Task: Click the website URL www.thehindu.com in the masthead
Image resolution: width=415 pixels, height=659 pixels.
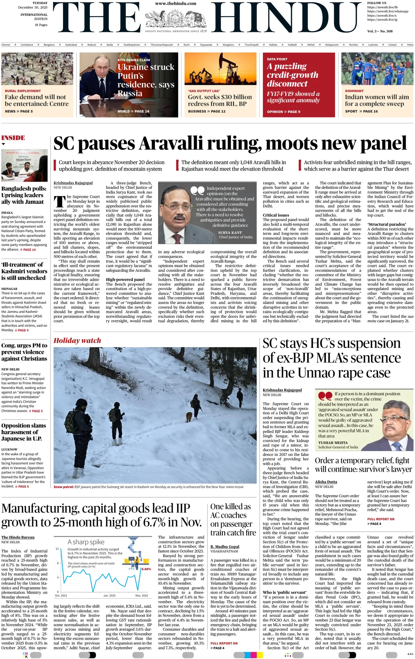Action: coord(175,3)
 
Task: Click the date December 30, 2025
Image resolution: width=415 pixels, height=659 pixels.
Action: coord(33,7)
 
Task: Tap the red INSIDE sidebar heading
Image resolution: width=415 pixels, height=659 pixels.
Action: coord(13,138)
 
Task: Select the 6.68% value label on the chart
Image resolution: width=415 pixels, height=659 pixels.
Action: coord(146,569)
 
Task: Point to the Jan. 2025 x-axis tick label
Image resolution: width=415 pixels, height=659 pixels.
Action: coord(109,595)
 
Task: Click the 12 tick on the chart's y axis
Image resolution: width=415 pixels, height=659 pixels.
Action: coord(57,548)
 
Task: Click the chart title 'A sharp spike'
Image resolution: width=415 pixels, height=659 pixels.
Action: coord(86,542)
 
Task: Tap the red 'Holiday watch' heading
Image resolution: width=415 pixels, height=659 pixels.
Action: coord(77,341)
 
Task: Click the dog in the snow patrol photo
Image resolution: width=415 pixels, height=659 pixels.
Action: coord(189,417)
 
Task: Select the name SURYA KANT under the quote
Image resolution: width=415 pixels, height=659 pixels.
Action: coord(230,232)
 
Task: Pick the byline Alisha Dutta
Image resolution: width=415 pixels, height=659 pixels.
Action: coord(326,482)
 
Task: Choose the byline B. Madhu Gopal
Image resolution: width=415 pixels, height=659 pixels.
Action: coord(225,546)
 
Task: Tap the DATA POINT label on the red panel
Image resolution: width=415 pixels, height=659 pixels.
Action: coord(277,59)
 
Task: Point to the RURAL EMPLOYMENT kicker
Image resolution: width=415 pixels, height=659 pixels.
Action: coord(23,91)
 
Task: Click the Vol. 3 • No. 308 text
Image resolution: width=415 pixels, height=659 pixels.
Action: coord(380,31)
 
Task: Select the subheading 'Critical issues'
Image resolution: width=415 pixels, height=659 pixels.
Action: coord(276,215)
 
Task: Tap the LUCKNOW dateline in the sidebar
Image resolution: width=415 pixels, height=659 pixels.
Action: coord(9,449)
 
